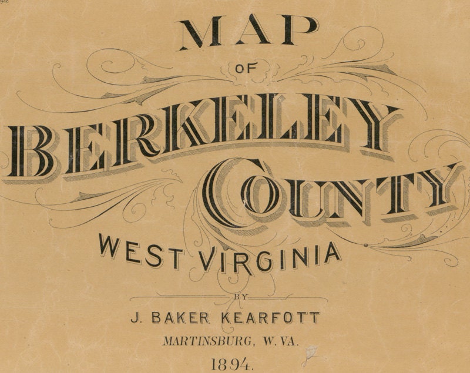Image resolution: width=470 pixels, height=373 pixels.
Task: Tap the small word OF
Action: tap(250, 69)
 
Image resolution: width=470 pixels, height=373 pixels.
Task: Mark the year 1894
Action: tap(233, 364)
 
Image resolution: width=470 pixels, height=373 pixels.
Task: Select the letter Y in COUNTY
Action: tap(435, 188)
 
